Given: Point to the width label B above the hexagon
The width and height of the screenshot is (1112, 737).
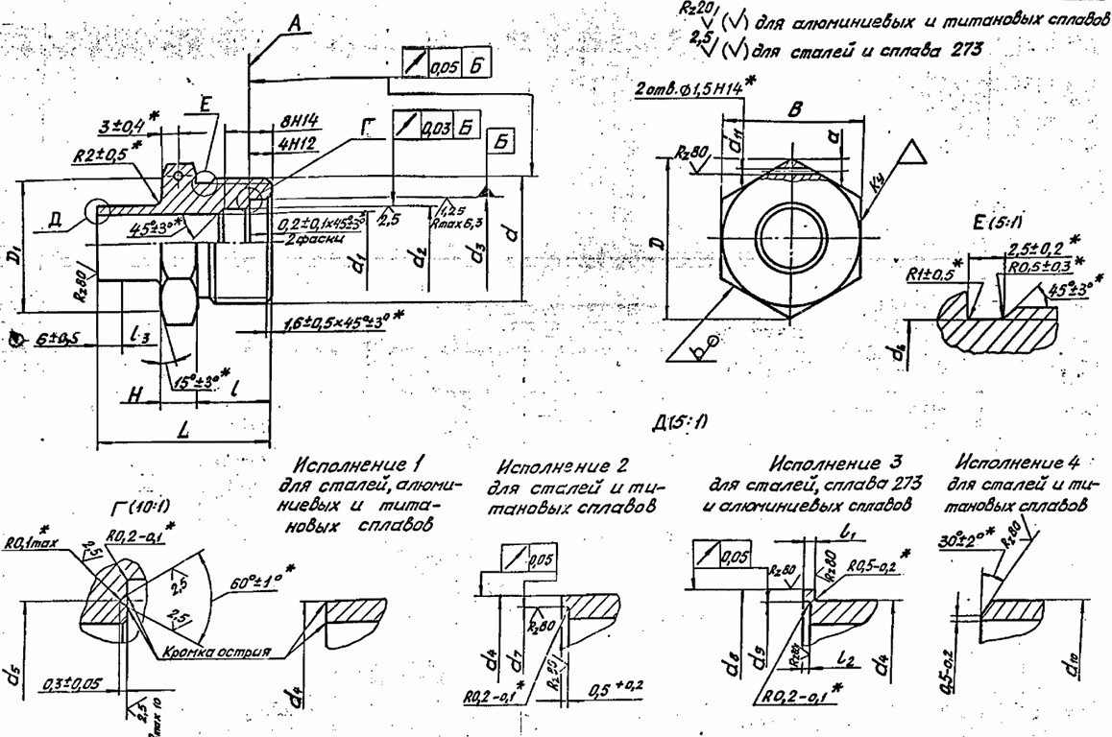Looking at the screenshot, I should click(x=793, y=109).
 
